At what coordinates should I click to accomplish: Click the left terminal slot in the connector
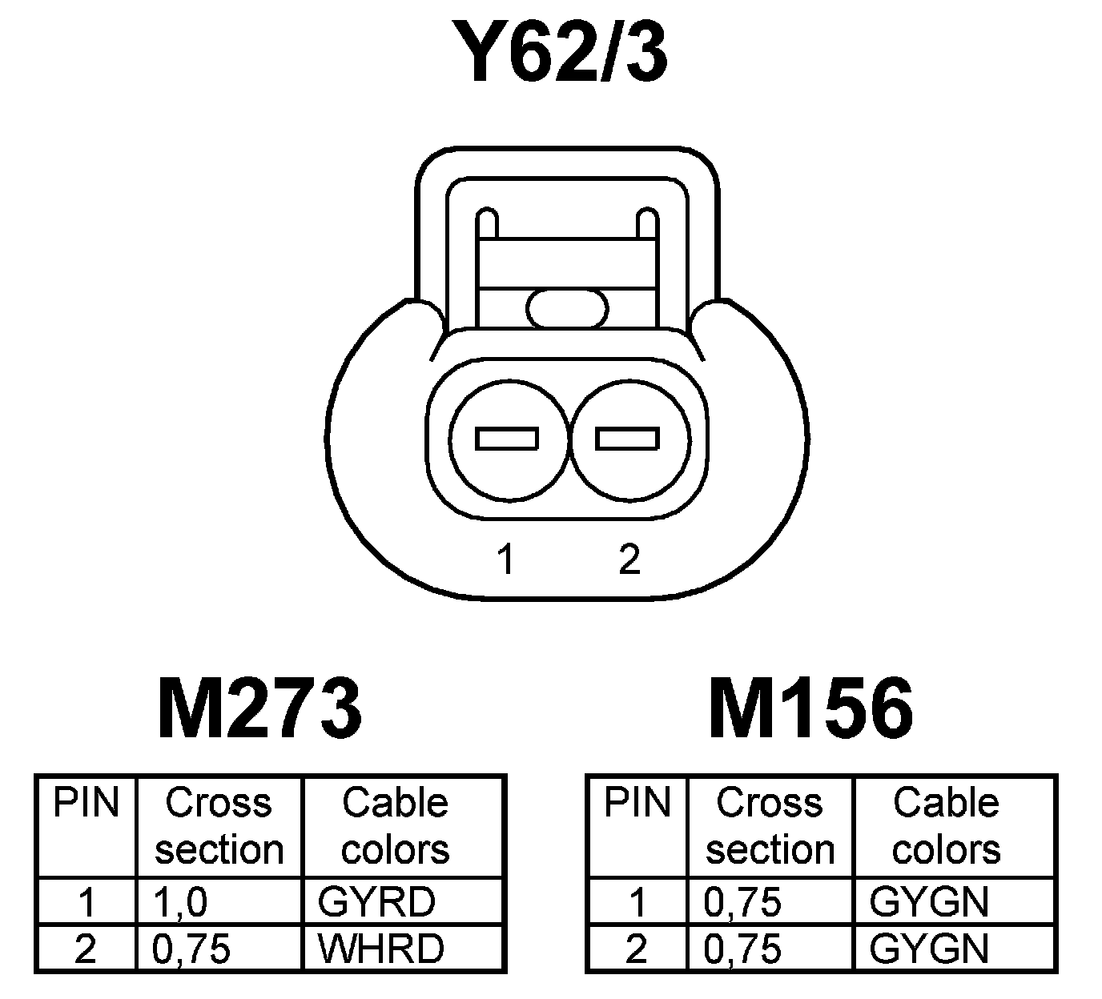click(507, 439)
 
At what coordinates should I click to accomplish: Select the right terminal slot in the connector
click(628, 439)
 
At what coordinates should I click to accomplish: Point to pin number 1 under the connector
click(505, 560)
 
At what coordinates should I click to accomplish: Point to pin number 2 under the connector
click(629, 560)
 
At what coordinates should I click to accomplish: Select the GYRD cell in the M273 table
click(376, 902)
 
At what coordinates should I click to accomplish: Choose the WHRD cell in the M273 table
click(380, 949)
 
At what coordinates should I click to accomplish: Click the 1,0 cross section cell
click(181, 902)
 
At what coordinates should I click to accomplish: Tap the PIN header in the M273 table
click(86, 803)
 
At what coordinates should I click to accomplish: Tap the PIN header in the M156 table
click(637, 803)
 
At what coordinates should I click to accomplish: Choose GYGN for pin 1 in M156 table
click(929, 902)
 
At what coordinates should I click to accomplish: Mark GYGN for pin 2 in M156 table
click(929, 949)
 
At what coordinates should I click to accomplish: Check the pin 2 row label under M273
click(85, 949)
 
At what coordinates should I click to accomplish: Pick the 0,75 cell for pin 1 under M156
click(742, 902)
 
